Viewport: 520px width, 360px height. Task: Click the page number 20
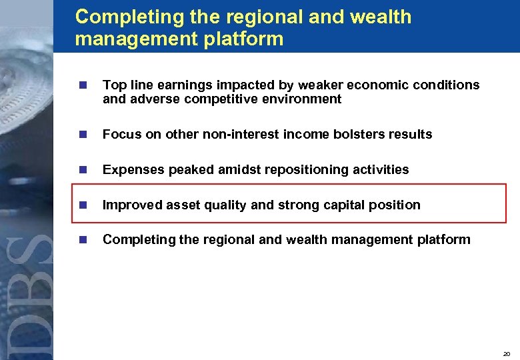(x=507, y=353)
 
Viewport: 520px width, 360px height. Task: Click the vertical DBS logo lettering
(x=30, y=293)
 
